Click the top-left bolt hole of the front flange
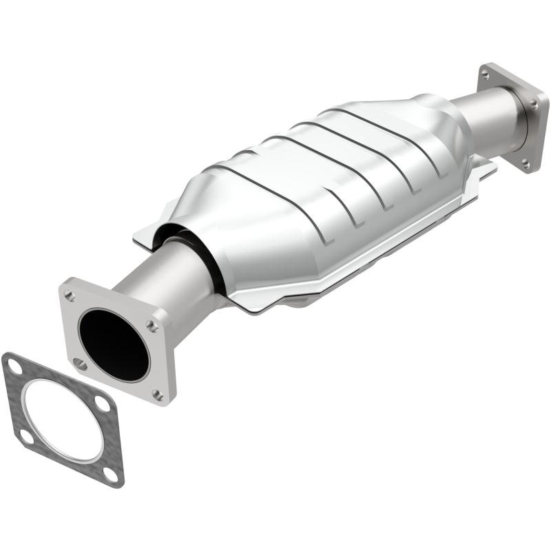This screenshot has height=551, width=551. pos(70,296)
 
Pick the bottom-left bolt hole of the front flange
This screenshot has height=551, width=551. pos(81,363)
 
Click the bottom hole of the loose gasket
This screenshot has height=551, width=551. pos(110,474)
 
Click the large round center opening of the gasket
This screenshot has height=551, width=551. pos(62,421)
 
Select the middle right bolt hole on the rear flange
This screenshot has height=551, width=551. pos(534,103)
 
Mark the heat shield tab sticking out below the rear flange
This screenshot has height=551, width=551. pos(486,165)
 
